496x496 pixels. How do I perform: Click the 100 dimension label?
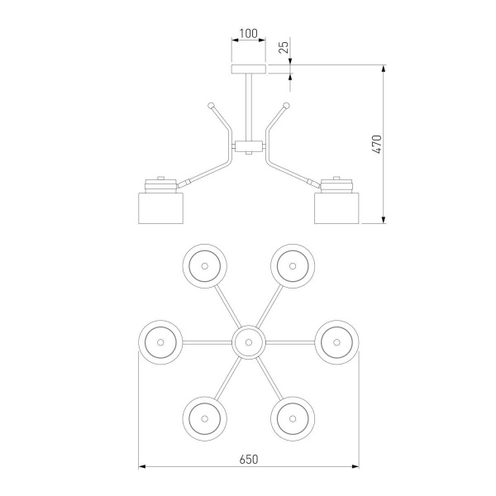pos(249,34)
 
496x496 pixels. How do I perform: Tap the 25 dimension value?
pos(284,47)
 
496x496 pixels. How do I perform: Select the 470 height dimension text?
pos(377,144)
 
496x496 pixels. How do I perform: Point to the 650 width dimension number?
pos(249,459)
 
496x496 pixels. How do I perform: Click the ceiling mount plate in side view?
pos(249,69)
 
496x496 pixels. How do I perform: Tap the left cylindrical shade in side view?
pos(161,207)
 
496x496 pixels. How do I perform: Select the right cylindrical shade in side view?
pos(336,207)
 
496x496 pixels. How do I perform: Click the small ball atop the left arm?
pos(211,105)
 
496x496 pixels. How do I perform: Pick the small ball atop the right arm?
pos(286,105)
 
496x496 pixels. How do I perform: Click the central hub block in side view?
pos(249,146)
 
